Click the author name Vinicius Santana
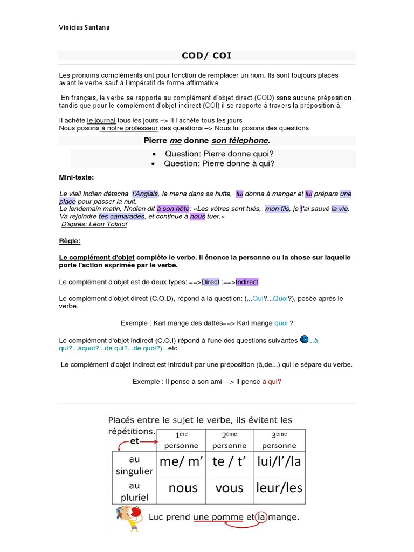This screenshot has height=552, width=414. tap(84, 27)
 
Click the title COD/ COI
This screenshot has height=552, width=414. tap(207, 56)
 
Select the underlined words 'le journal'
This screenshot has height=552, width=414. tap(101, 120)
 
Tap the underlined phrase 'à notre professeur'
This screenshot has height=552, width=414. tap(129, 128)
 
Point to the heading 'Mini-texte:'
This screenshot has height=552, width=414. tap(76, 178)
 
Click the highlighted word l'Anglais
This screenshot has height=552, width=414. tap(145, 194)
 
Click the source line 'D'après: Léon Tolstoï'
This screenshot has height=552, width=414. tap(94, 224)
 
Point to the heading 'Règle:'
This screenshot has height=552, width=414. tap(70, 241)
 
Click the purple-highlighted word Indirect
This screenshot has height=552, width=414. tap(247, 282)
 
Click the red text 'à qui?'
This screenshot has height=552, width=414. tap(272, 382)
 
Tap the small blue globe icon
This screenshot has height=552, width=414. tap(304, 339)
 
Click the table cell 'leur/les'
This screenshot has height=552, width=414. tap(279, 488)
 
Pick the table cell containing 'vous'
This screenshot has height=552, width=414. tap(229, 488)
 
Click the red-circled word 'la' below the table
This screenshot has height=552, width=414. tap(261, 516)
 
